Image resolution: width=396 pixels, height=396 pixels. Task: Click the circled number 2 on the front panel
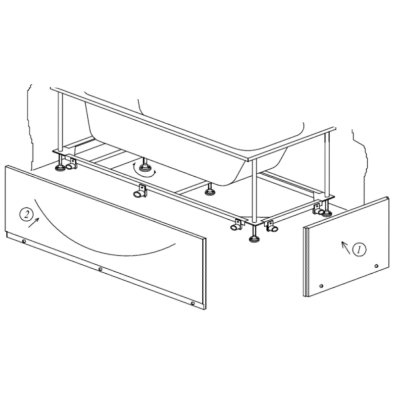click(x=26, y=215)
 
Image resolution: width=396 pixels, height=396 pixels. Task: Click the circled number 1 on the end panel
click(x=359, y=249)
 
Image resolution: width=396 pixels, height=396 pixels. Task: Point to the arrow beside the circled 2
click(x=34, y=222)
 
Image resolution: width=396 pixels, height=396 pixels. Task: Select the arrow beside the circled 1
click(x=346, y=247)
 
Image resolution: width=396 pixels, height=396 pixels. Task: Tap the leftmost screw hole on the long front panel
click(x=24, y=242)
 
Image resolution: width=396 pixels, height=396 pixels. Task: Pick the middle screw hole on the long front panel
click(x=100, y=269)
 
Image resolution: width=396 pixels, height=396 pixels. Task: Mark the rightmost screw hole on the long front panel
click(x=193, y=303)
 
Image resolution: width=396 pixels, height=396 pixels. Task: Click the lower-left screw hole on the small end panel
click(x=321, y=286)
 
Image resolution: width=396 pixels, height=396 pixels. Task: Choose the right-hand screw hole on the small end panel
click(x=376, y=266)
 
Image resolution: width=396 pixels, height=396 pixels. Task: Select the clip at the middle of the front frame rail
click(x=140, y=192)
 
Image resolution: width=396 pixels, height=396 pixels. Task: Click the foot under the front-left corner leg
click(x=60, y=166)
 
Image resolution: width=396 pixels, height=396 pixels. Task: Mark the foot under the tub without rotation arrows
click(x=209, y=191)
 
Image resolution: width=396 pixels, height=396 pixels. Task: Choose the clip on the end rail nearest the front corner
click(x=272, y=227)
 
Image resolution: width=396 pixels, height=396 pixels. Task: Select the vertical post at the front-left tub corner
click(x=60, y=122)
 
